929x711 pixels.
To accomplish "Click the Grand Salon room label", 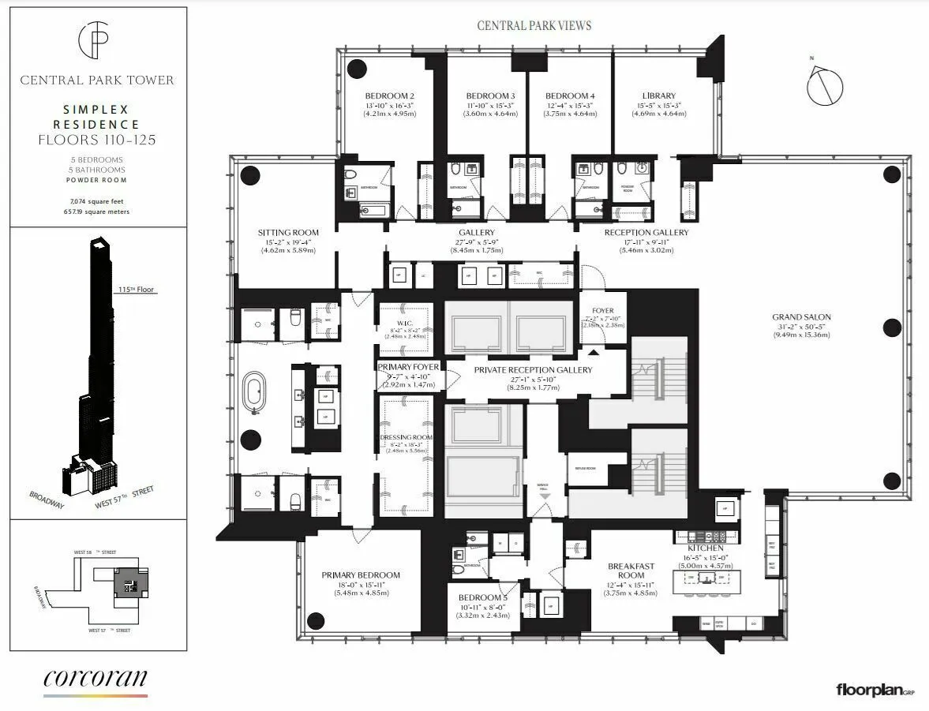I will tap(800, 317).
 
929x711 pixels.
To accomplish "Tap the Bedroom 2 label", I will tap(389, 95).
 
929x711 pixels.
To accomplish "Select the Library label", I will tap(658, 95).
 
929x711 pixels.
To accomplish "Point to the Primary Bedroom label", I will tap(361, 575).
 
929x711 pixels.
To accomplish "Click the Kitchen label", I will tap(705, 547).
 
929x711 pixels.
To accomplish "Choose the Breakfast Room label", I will tap(631, 571).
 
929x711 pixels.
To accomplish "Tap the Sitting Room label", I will tap(288, 232).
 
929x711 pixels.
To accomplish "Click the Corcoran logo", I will tap(95, 679).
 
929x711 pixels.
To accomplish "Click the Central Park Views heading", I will tap(534, 25).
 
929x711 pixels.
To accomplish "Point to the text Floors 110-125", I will tap(98, 140).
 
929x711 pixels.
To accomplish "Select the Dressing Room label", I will tap(406, 437).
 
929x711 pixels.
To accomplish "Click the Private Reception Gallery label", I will tap(533, 369).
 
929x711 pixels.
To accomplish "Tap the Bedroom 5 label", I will tap(483, 597).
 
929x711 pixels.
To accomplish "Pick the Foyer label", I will tap(602, 311).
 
